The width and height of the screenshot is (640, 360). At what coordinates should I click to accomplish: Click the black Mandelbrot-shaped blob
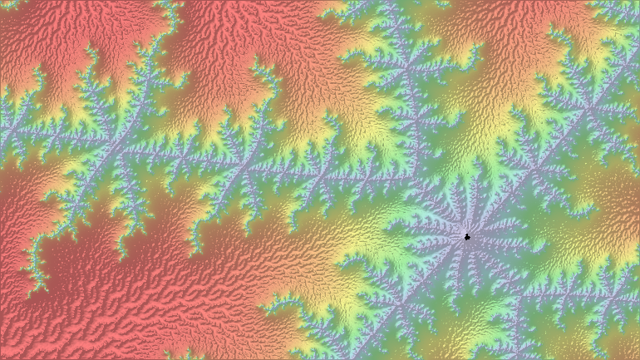467,237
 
